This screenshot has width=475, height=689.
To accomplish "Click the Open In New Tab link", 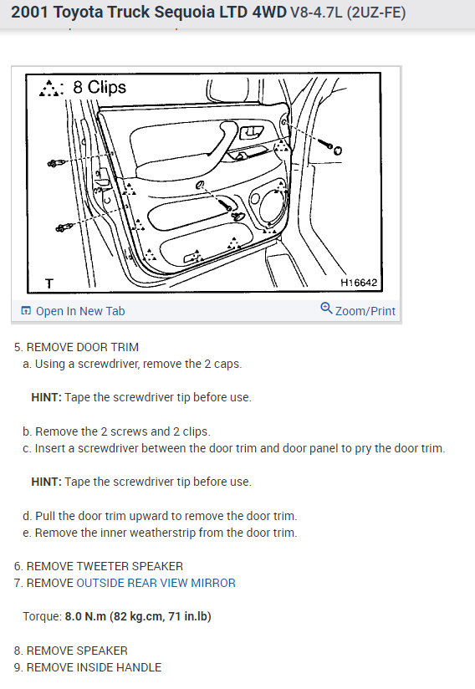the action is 73,311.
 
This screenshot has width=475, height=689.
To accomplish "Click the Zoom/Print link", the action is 358,310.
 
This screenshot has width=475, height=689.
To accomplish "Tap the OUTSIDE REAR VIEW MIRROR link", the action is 156,583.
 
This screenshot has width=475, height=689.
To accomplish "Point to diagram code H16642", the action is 359,283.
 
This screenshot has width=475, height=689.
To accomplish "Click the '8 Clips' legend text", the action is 100,87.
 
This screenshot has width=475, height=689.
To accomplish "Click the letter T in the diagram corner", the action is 49,283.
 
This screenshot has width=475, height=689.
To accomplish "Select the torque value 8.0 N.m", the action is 85,616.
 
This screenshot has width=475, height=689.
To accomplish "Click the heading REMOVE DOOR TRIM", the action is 83,347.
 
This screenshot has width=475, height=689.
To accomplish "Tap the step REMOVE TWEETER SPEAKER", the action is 105,566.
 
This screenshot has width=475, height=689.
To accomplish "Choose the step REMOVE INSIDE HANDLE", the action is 94,667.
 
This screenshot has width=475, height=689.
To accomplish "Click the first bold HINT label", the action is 47,397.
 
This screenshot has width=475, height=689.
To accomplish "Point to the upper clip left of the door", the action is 55,163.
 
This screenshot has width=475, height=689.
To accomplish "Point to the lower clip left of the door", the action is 64,227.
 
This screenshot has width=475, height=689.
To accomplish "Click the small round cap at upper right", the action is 338,151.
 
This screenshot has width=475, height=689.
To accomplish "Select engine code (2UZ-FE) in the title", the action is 376,13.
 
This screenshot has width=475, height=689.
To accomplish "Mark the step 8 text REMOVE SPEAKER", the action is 77,651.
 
